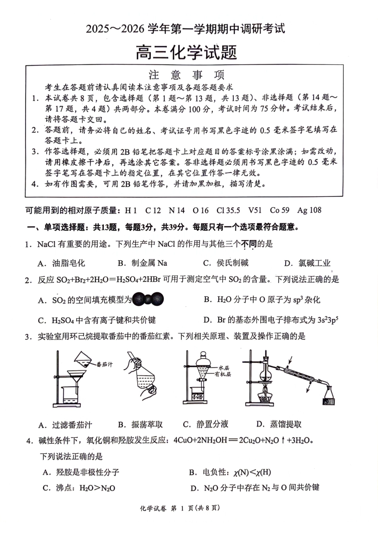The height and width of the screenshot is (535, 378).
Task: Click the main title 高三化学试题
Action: pyautogui.click(x=186, y=53)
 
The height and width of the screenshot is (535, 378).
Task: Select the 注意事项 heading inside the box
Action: pyautogui.click(x=186, y=75)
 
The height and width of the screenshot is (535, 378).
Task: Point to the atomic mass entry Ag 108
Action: pyautogui.click(x=309, y=210)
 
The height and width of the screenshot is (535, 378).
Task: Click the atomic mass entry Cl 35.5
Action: pyautogui.click(x=228, y=210)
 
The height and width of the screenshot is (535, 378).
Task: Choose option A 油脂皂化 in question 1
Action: pyautogui.click(x=61, y=263)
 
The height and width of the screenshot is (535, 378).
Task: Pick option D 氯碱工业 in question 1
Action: pyautogui.click(x=307, y=263)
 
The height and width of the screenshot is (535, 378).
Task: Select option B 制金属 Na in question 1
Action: pyautogui.click(x=142, y=263)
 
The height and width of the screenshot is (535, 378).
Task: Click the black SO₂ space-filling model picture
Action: pyautogui.click(x=148, y=299)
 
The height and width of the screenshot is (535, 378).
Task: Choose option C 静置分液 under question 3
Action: pyautogui.click(x=206, y=424)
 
